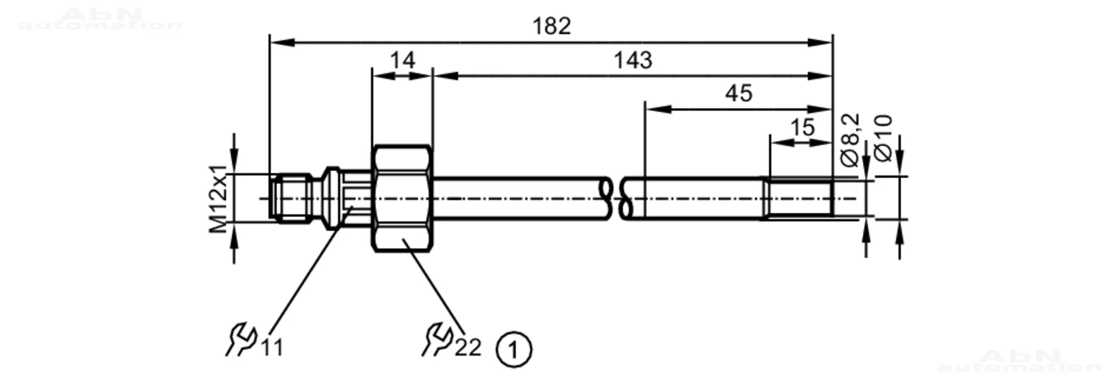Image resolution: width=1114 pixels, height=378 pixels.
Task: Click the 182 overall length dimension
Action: pos(551,26)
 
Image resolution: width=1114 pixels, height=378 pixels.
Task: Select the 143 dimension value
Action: pos(632,60)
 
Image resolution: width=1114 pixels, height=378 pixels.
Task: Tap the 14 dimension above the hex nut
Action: pos(402,60)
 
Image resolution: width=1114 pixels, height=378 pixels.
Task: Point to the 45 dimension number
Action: pos(739,93)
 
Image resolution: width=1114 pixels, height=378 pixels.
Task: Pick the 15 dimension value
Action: pos(803,127)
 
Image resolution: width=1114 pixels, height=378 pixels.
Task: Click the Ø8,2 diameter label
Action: pos(850,140)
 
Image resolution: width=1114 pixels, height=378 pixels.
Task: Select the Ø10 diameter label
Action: pos(883,138)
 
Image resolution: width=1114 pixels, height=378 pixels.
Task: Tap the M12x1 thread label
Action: pos(218,198)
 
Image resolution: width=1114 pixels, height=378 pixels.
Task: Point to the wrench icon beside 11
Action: pos(242,339)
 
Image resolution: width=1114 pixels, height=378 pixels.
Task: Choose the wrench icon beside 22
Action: pos(437,339)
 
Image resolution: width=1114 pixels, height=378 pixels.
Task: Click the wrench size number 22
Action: pos(467,347)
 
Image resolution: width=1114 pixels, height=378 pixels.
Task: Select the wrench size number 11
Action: pos(272,348)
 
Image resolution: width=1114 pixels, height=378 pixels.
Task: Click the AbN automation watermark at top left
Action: pos(100,19)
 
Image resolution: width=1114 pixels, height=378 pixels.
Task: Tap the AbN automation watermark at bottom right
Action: pos(1019,361)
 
